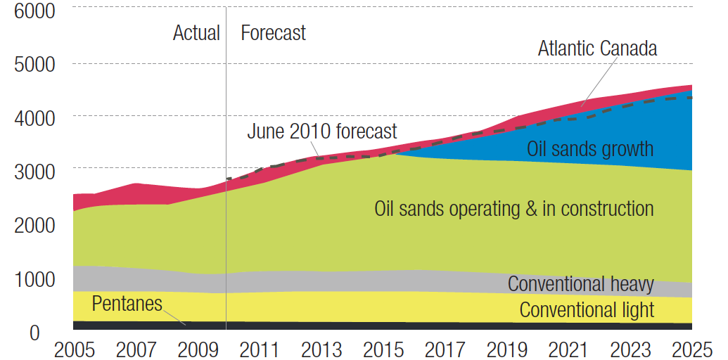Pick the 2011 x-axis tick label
tap(258, 349)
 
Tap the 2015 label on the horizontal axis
tap(382, 349)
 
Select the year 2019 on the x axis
tap(505, 349)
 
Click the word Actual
tap(196, 33)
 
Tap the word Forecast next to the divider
tap(273, 33)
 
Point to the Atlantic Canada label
tap(597, 49)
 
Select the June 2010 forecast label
tap(321, 131)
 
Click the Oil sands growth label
tap(589, 149)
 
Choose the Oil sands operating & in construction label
tap(513, 209)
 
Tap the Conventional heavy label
tap(580, 284)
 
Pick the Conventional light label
tap(587, 309)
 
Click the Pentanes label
tap(127, 304)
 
